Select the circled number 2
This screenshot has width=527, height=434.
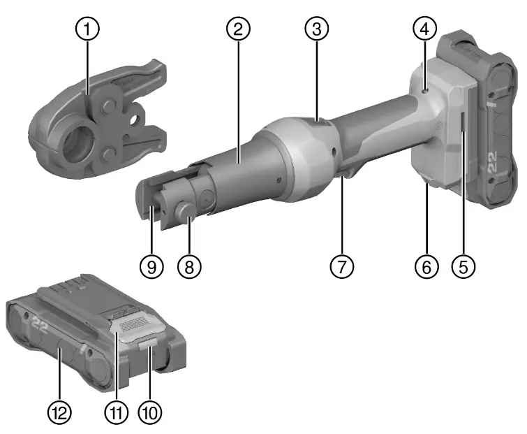[238, 29]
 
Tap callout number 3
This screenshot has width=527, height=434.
[316, 29]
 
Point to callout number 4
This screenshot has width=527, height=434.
[424, 29]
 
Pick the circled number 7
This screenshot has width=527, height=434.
[342, 266]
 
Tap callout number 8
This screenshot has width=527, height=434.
[187, 266]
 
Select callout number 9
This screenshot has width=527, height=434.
[150, 266]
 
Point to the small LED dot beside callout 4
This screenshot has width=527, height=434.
[425, 89]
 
